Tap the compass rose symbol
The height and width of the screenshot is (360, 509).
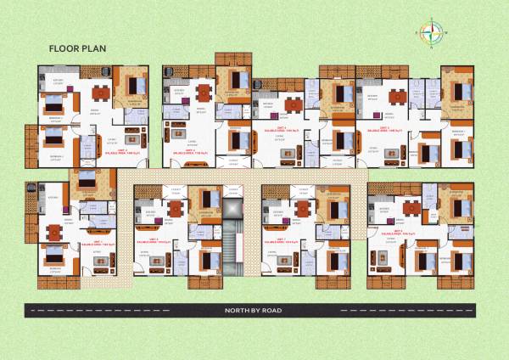(x=432, y=34)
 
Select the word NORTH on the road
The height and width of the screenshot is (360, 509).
(x=237, y=310)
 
